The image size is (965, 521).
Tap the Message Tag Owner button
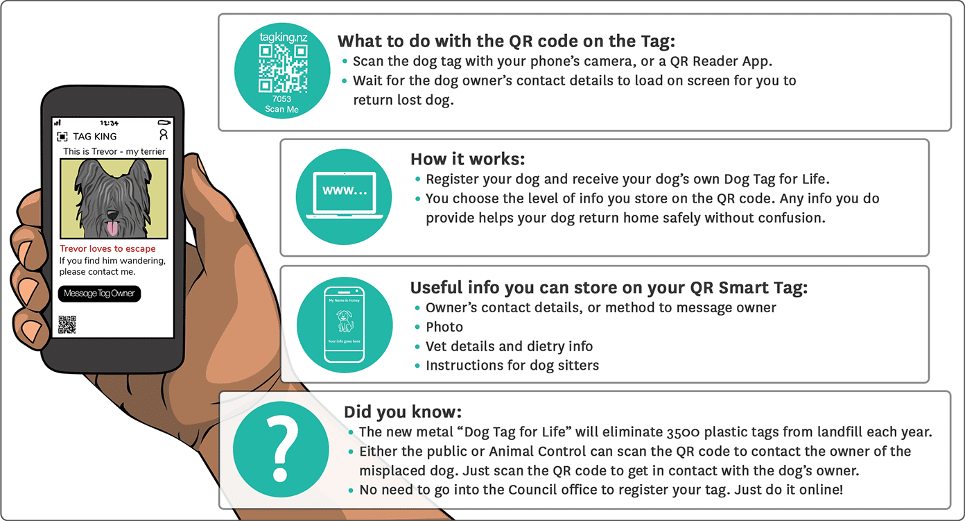(100, 293)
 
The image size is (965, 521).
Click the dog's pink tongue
(112, 228)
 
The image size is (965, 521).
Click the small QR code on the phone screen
(67, 325)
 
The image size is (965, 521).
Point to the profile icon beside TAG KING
(164, 135)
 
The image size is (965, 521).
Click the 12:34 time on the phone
(109, 123)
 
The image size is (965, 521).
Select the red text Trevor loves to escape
(107, 248)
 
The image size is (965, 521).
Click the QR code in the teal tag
(283, 69)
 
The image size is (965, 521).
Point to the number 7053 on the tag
(281, 99)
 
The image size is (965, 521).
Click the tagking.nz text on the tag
(284, 37)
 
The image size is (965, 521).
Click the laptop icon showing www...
(345, 195)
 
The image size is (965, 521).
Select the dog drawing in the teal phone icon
(345, 321)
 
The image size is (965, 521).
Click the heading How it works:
(468, 159)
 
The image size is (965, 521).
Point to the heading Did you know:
(403, 412)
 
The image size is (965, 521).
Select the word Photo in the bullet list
(444, 327)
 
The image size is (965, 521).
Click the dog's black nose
(112, 215)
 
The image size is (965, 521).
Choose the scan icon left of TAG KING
(62, 137)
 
